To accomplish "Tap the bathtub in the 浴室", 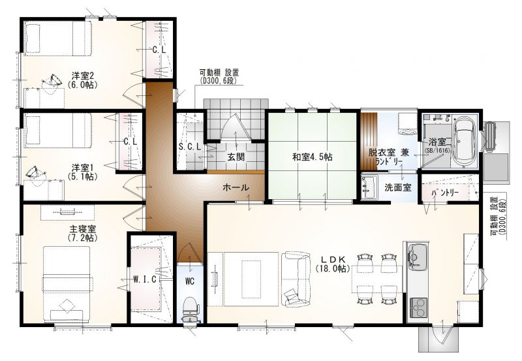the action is (465, 140).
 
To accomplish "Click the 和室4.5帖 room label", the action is (313, 157).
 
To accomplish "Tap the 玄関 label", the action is (236, 157).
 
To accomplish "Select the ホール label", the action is (236, 187).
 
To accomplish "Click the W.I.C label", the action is (145, 279).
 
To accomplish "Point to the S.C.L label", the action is (190, 146).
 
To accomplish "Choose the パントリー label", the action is (445, 193).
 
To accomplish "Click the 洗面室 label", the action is (398, 187).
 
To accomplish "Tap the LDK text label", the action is (334, 259).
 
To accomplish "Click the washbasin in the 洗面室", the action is (369, 188).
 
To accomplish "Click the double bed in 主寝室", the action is (67, 284).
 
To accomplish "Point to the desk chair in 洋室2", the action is (52, 82).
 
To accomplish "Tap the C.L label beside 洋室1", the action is (130, 142).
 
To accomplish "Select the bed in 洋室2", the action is (57, 39).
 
